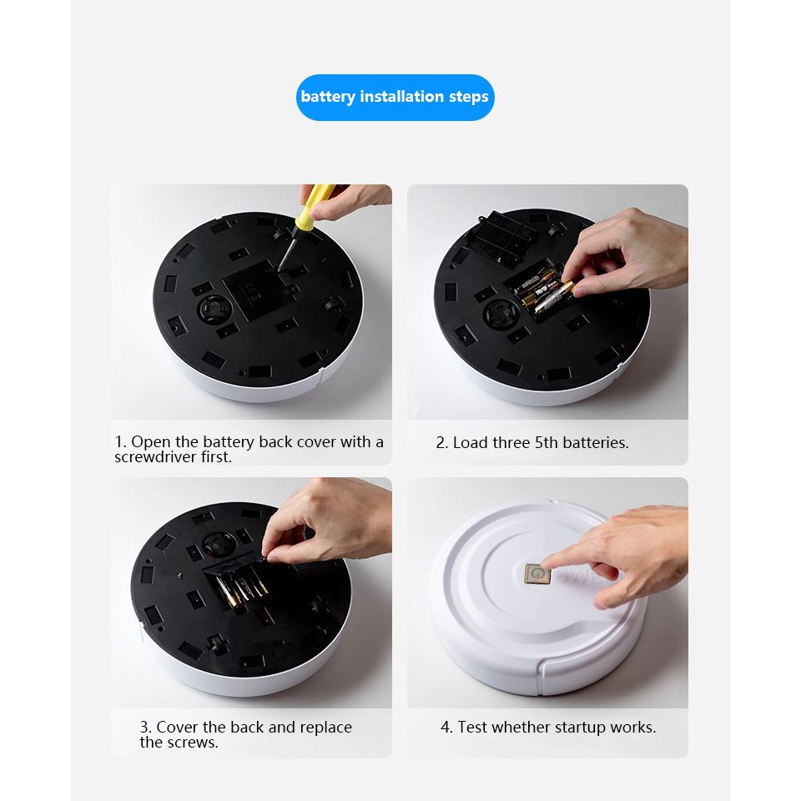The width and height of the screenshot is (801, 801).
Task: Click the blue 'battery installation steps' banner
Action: [395, 97]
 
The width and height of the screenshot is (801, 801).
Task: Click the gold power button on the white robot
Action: [537, 574]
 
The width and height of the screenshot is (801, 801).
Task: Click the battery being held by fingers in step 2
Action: [554, 298]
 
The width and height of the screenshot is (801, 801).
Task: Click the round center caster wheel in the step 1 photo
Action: [214, 308]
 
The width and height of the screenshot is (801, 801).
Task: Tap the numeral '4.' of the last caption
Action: [446, 727]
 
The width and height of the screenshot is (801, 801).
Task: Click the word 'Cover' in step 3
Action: [177, 727]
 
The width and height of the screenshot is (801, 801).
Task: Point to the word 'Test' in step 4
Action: [472, 727]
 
